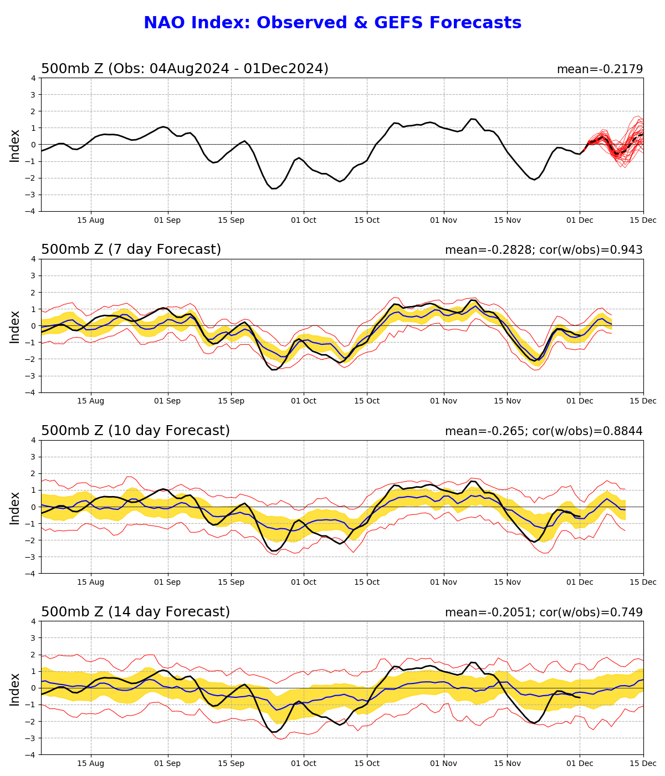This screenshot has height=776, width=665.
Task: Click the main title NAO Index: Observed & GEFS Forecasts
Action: pyautogui.click(x=332, y=23)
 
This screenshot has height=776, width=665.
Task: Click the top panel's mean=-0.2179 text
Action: pyautogui.click(x=600, y=69)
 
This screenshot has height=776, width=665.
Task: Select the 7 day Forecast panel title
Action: pyautogui.click(x=131, y=250)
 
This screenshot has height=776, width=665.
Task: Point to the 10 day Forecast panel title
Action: pyautogui.click(x=135, y=431)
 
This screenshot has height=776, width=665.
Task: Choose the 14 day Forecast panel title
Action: pyautogui.click(x=135, y=612)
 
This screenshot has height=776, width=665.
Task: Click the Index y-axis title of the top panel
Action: pyautogui.click(x=15, y=145)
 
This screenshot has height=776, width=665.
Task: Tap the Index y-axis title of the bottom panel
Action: pyautogui.click(x=15, y=689)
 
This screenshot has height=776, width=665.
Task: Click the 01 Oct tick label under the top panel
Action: pyautogui.click(x=303, y=220)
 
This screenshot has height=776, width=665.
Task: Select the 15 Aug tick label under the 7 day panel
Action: pyautogui.click(x=90, y=401)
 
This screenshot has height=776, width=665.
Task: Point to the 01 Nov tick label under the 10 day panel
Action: pyautogui.click(x=444, y=582)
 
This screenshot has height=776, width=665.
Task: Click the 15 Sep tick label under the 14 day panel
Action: pyautogui.click(x=231, y=763)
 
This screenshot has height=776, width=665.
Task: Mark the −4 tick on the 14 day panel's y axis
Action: pyautogui.click(x=32, y=754)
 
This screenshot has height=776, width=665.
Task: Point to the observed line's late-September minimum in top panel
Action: pyautogui.click(x=274, y=188)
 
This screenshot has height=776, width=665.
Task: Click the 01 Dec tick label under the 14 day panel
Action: pyautogui.click(x=580, y=763)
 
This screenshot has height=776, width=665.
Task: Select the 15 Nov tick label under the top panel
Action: pyautogui.click(x=507, y=220)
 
